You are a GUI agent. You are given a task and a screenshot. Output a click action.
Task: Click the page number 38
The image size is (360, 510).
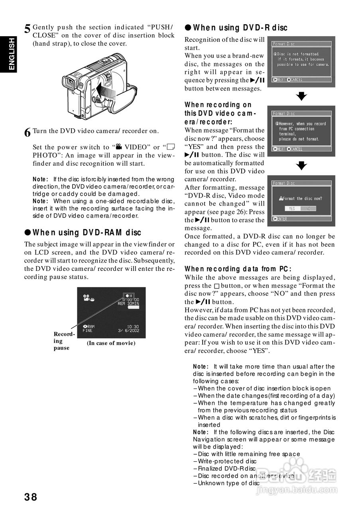[30, 497]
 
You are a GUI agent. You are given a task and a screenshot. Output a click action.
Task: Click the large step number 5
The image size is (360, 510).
[27, 29]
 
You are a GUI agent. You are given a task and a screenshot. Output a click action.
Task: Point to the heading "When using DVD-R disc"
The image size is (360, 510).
[236, 28]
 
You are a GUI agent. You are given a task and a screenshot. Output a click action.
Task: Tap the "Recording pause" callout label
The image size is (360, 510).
[64, 341]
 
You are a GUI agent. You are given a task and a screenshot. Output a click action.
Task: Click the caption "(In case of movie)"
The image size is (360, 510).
[111, 343]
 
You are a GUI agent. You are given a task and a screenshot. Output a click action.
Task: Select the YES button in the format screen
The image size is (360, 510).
[292, 208]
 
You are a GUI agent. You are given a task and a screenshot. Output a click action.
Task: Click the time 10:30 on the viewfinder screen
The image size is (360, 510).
[133, 326]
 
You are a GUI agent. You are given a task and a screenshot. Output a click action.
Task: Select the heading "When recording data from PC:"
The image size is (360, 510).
[238, 269]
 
